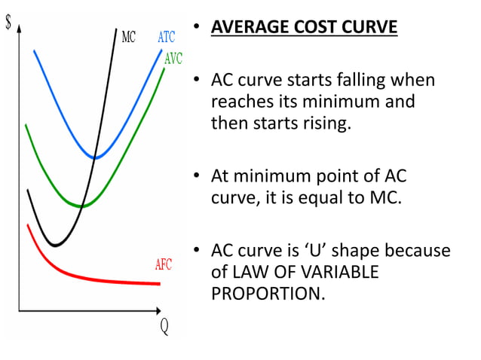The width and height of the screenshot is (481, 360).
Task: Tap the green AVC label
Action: click(173, 59)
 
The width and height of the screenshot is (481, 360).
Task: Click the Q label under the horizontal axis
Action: click(164, 329)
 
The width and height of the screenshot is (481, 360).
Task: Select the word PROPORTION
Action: click(268, 292)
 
